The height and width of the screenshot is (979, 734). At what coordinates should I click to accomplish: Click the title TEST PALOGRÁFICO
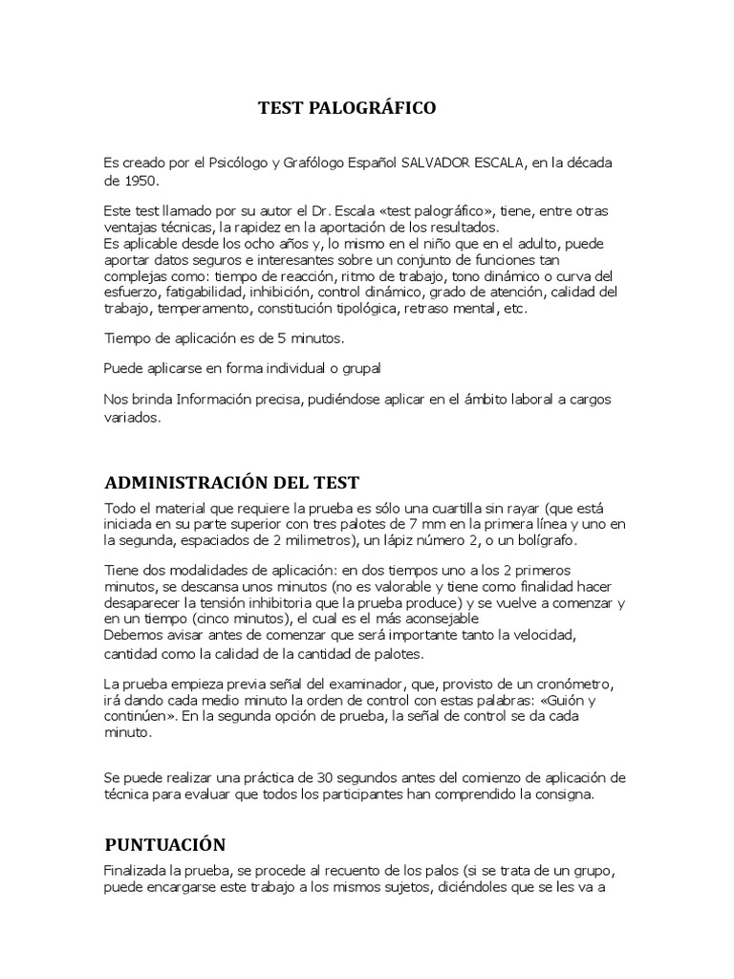[347, 108]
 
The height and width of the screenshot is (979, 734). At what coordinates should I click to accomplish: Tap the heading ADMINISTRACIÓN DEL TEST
[231, 481]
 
